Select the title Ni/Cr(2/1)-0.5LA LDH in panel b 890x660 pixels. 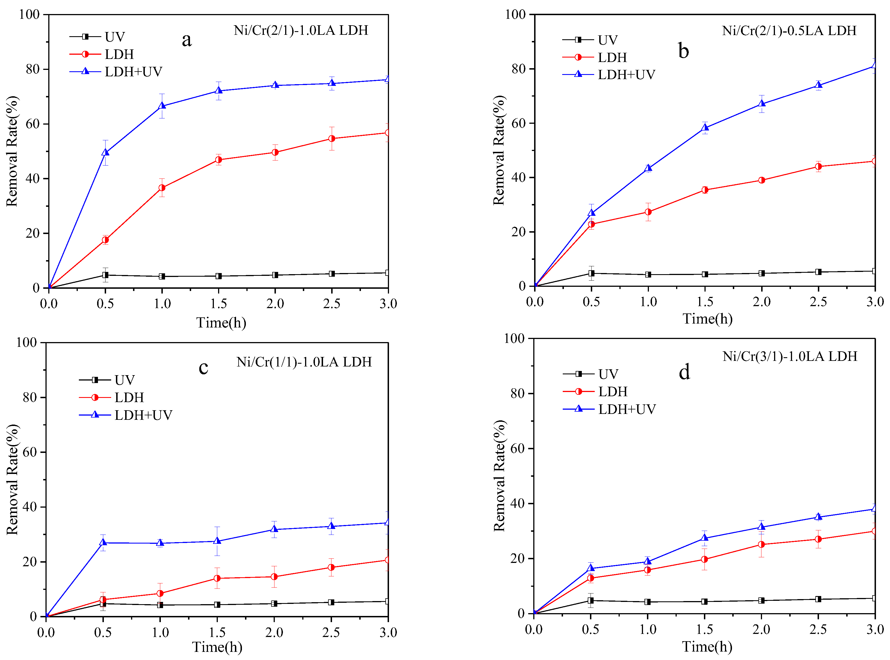789,31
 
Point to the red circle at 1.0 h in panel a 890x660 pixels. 162,188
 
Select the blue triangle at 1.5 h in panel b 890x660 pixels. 705,127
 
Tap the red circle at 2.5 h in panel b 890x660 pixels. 818,167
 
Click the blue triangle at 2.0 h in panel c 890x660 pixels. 274,529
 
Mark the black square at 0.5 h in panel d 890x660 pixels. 591,601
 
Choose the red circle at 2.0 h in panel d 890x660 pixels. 761,545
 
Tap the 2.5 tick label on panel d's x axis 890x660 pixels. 818,630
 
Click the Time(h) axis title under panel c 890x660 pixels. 217,647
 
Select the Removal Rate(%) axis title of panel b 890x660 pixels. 499,151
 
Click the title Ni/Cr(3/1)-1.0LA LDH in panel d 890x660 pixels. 790,356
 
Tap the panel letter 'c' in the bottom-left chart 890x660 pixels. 203,368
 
